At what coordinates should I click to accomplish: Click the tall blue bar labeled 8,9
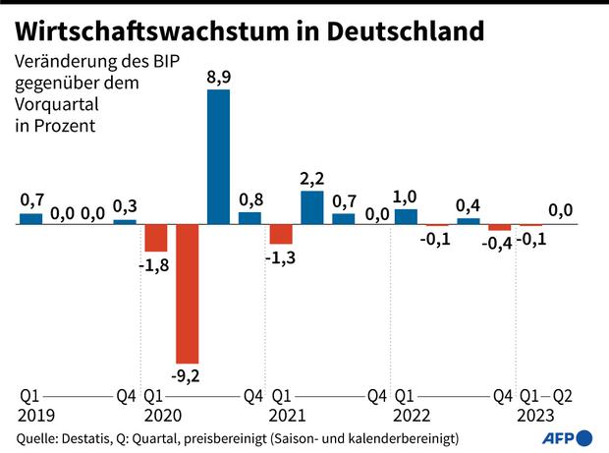[218, 156]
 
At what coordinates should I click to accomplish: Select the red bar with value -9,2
[187, 294]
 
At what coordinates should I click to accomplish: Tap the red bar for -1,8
[156, 238]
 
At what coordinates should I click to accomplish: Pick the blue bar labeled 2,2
[312, 207]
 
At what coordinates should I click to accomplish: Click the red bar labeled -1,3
[281, 234]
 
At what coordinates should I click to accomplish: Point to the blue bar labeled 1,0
[406, 216]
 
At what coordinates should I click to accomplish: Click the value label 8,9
[218, 76]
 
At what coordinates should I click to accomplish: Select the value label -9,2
[187, 376]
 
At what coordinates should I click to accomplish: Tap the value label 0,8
[250, 198]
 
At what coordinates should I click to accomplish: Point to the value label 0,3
[125, 206]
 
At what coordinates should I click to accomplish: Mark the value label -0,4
[500, 244]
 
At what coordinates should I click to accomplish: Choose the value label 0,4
[469, 205]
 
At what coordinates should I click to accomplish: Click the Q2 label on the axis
[563, 396]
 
